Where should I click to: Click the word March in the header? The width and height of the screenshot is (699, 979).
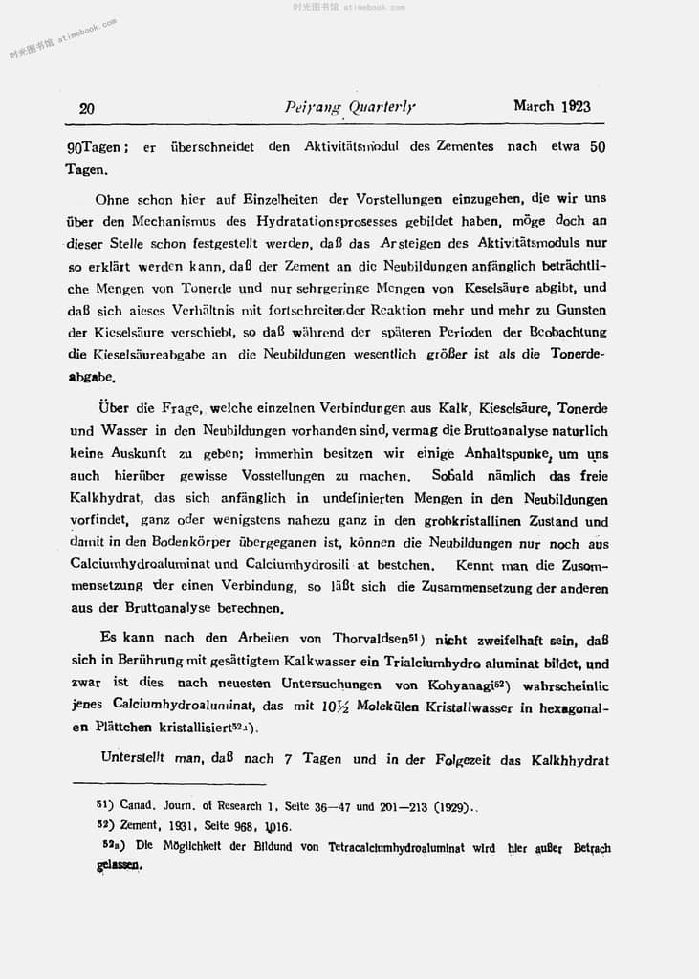click(534, 106)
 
